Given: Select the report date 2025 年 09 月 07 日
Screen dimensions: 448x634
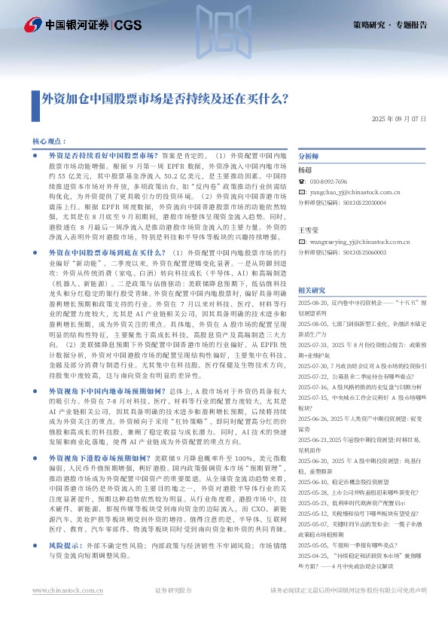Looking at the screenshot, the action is click(x=400, y=120).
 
